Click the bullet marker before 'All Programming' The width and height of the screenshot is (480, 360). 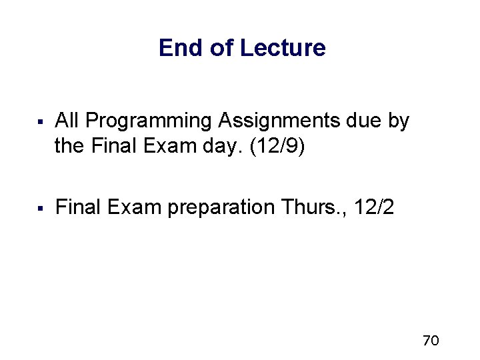click(x=41, y=122)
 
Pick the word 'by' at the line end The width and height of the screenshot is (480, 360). click(x=399, y=122)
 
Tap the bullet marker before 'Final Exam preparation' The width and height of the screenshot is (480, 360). click(x=41, y=209)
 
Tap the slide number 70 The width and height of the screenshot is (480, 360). click(x=431, y=341)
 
